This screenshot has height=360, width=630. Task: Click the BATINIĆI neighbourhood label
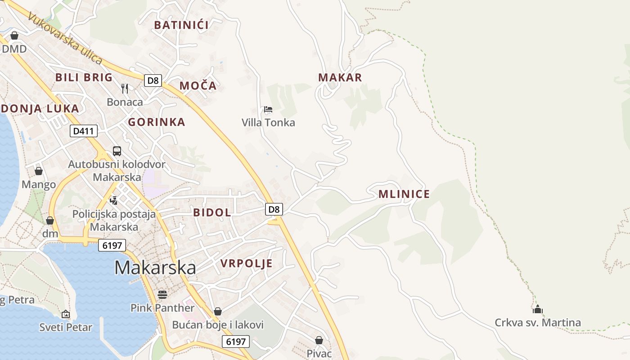181,25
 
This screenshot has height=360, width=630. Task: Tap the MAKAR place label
340,77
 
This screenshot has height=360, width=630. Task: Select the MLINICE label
404,194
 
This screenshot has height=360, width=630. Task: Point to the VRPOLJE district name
246,264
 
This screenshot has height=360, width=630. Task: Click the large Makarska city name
155,268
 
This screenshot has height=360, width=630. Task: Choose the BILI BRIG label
84,77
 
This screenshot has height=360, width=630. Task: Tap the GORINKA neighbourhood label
157,122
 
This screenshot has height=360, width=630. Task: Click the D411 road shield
84,131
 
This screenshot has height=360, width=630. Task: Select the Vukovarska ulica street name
65,38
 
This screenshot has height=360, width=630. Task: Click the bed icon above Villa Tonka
268,109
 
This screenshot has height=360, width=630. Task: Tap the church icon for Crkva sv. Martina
537,309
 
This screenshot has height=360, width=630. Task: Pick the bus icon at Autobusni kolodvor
117,151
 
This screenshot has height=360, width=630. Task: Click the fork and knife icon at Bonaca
125,88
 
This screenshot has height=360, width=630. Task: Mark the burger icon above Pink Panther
162,294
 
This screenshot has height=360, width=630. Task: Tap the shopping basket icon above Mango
39,171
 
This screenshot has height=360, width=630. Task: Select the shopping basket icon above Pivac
319,340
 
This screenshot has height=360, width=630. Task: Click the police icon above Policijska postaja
114,200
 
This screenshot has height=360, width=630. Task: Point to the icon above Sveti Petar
66,314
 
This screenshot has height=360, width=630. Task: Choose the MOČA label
198,85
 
